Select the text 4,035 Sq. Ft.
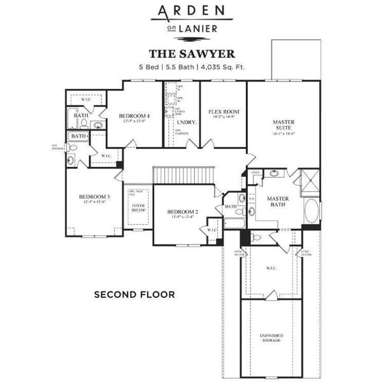pyautogui.click(x=224, y=67)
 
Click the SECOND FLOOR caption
pyautogui.click(x=134, y=295)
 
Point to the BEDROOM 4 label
pyautogui.click(x=134, y=115)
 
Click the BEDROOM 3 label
pyautogui.click(x=94, y=197)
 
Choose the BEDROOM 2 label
pyautogui.click(x=183, y=211)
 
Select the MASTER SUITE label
pyautogui.click(x=282, y=125)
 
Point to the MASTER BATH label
pyautogui.click(x=278, y=202)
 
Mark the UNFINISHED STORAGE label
pyautogui.click(x=271, y=338)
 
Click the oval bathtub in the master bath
pyautogui.click(x=311, y=211)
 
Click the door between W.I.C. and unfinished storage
pyautogui.click(x=271, y=295)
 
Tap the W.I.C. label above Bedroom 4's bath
pyautogui.click(x=87, y=99)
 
